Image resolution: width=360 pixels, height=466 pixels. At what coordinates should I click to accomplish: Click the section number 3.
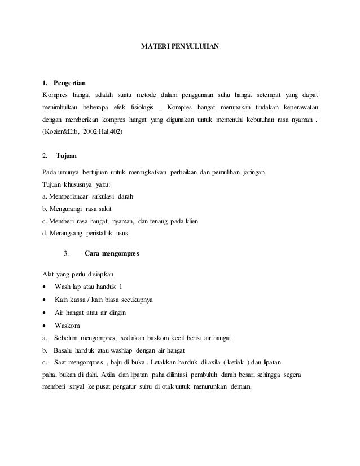[66, 253]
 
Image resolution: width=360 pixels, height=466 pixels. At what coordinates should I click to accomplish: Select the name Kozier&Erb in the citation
[62, 132]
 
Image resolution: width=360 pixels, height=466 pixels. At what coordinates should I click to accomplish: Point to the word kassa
[78, 299]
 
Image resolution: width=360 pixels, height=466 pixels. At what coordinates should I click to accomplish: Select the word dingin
[115, 313]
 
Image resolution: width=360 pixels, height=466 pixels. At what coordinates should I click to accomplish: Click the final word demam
[240, 388]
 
